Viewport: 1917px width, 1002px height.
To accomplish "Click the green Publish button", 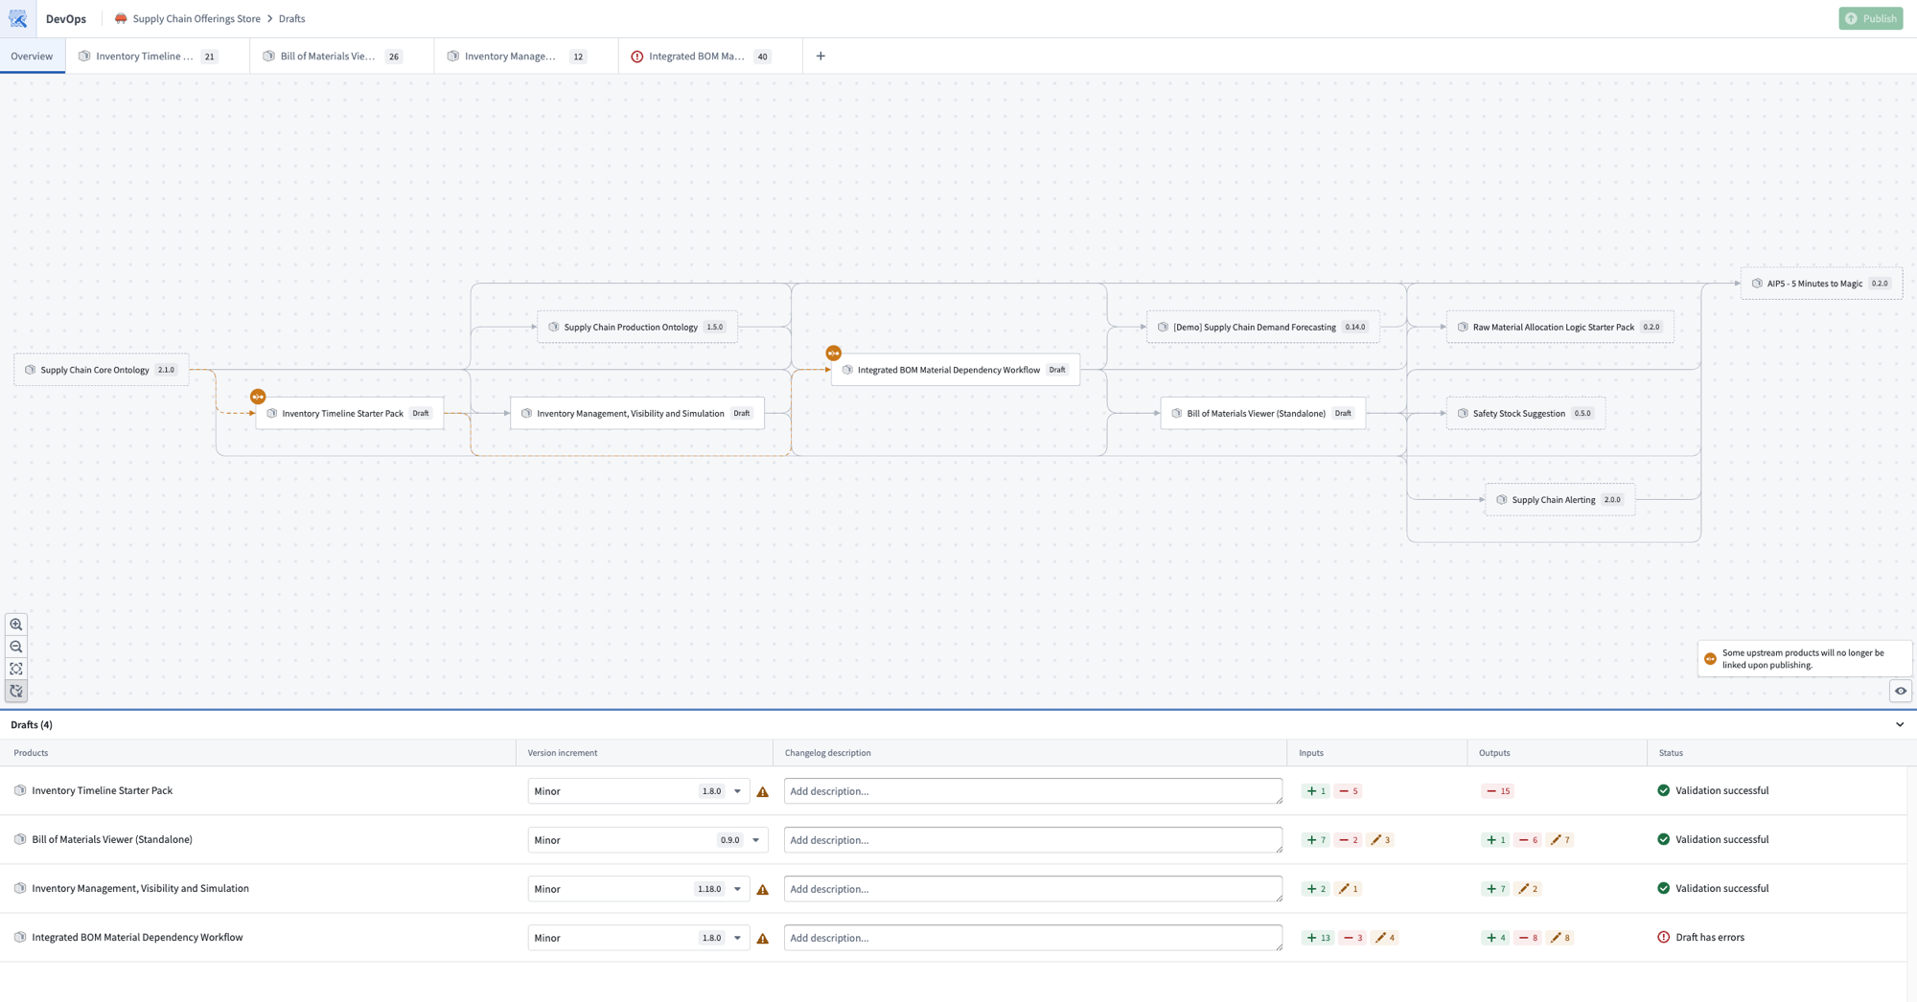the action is [1870, 18].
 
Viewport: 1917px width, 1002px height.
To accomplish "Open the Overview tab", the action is [32, 56].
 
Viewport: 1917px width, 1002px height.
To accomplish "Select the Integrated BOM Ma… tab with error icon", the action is [700, 56].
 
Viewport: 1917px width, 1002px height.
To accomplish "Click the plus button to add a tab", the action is [820, 56].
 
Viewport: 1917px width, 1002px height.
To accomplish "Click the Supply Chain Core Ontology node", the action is [101, 370].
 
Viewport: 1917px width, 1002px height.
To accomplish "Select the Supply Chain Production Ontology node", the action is [636, 327].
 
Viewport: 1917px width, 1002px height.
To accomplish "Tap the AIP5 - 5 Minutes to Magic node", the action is [1821, 284].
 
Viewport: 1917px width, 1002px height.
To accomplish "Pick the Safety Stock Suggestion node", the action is [1525, 413].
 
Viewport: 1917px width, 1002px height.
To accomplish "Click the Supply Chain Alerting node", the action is [1559, 499].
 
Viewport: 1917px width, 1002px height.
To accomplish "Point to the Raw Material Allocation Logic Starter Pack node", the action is [1559, 327].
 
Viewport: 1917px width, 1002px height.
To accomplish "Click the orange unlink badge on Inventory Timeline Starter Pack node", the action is [258, 397].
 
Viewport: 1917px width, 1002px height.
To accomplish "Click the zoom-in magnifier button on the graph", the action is [16, 625].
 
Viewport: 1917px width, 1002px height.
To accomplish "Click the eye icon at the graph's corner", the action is [1901, 691].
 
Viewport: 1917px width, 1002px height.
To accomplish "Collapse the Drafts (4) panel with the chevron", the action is [1900, 724].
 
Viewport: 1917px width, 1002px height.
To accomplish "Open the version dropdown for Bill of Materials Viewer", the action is [756, 840].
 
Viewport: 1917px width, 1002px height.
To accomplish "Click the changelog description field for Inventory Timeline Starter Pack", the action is [1033, 791].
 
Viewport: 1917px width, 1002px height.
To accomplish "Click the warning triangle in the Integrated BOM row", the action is [763, 939].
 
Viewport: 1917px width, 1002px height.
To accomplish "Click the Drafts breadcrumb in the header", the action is [291, 18].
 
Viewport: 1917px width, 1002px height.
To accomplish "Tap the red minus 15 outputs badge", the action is [1498, 791].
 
